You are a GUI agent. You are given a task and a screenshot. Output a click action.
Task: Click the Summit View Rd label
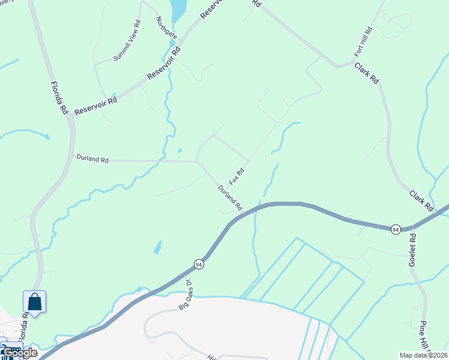point(128,41)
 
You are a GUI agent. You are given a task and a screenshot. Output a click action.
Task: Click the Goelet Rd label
point(412,247)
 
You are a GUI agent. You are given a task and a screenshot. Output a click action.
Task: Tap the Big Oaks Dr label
point(185,294)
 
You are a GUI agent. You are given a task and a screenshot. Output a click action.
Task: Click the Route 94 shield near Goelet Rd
point(395,230)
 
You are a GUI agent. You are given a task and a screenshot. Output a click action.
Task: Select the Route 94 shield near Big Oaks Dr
point(199,264)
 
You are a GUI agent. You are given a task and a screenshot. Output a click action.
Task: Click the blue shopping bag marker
point(35,302)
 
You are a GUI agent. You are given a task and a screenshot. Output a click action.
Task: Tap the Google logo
point(20,353)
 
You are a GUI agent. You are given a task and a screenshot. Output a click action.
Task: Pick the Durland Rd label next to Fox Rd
point(230,197)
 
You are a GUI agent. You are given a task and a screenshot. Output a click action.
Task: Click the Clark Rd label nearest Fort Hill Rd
point(367,73)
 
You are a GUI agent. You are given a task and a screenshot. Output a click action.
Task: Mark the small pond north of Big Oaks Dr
point(157,247)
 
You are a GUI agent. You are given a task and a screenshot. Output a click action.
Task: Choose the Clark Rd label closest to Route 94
point(422,200)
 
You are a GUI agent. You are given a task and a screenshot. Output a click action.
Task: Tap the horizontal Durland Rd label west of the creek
point(92,160)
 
